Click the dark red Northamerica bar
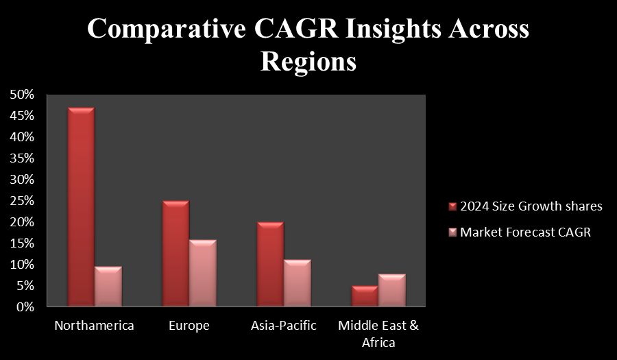point(81,207)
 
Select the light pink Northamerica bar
point(108,287)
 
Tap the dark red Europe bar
point(176,254)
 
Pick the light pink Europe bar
point(203,273)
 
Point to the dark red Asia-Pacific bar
point(270,265)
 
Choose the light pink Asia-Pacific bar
point(298,283)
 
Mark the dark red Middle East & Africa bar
point(365,296)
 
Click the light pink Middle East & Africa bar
point(392,290)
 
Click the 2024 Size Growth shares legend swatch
point(452,206)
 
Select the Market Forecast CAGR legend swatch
point(452,232)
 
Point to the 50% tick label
point(23,95)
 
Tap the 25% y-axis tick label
point(23,201)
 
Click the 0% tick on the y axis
point(25,307)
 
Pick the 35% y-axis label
point(23,158)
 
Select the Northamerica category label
point(95,326)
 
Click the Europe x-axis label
point(189,326)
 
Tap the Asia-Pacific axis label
point(284,326)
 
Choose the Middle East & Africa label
point(378,334)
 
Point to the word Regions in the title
point(308,62)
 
